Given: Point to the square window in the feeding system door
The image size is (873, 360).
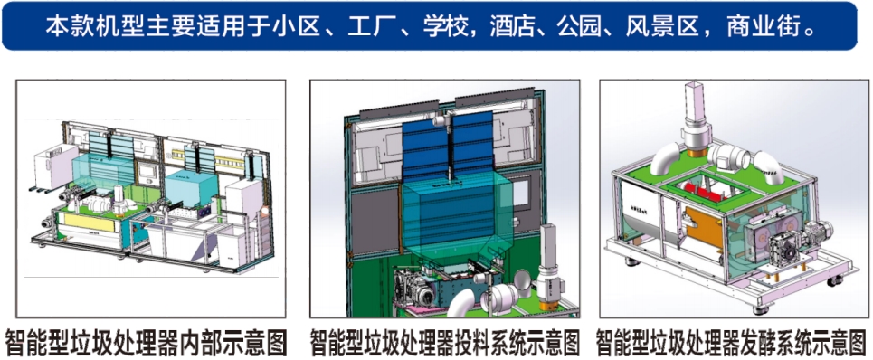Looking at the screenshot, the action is pos(520,193).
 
